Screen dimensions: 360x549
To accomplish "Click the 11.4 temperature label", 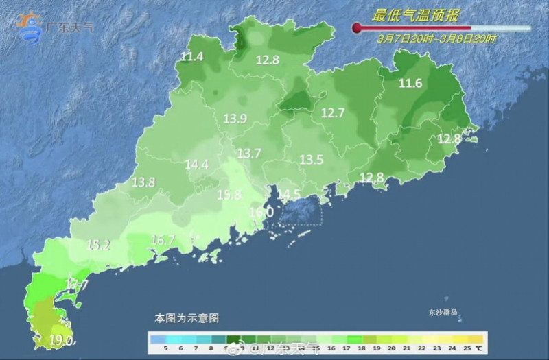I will pos(192,57).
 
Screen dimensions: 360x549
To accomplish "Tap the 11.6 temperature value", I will pos(410,84).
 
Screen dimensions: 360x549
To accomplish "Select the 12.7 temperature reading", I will pos(333,113).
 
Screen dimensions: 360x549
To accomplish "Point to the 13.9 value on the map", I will pos(235,119).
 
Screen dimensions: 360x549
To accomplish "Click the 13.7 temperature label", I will pos(249,154).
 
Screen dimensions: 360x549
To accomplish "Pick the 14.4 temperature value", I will pos(197,165).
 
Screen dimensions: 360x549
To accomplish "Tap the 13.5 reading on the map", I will pos(311,160).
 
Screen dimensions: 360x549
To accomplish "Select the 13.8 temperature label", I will pos(143,182).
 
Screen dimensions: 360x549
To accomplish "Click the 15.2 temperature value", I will pos(99,244).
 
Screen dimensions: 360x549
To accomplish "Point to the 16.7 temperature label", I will pos(163,240).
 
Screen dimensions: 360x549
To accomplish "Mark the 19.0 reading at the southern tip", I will pos(61,339).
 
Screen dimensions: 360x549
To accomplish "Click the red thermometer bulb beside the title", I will pos(357,28).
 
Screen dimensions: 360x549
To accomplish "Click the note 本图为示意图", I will pos(186,319).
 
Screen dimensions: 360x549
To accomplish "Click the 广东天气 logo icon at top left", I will pos(30,26).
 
